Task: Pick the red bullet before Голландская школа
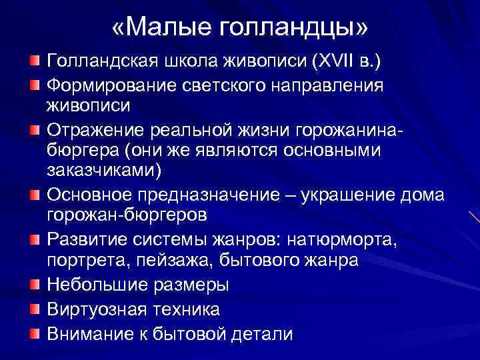coord(33,62)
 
